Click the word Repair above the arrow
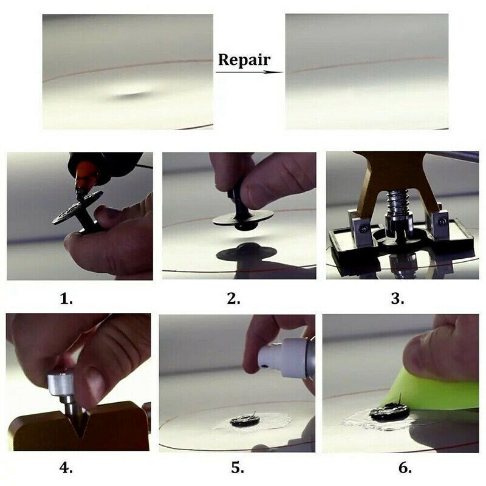pos(244,60)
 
